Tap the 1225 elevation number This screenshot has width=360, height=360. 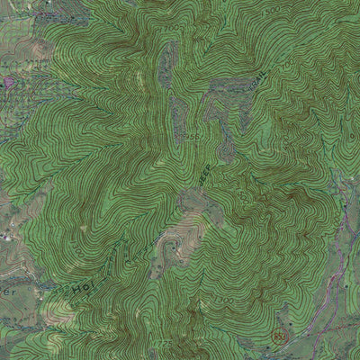click(x=163, y=344)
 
